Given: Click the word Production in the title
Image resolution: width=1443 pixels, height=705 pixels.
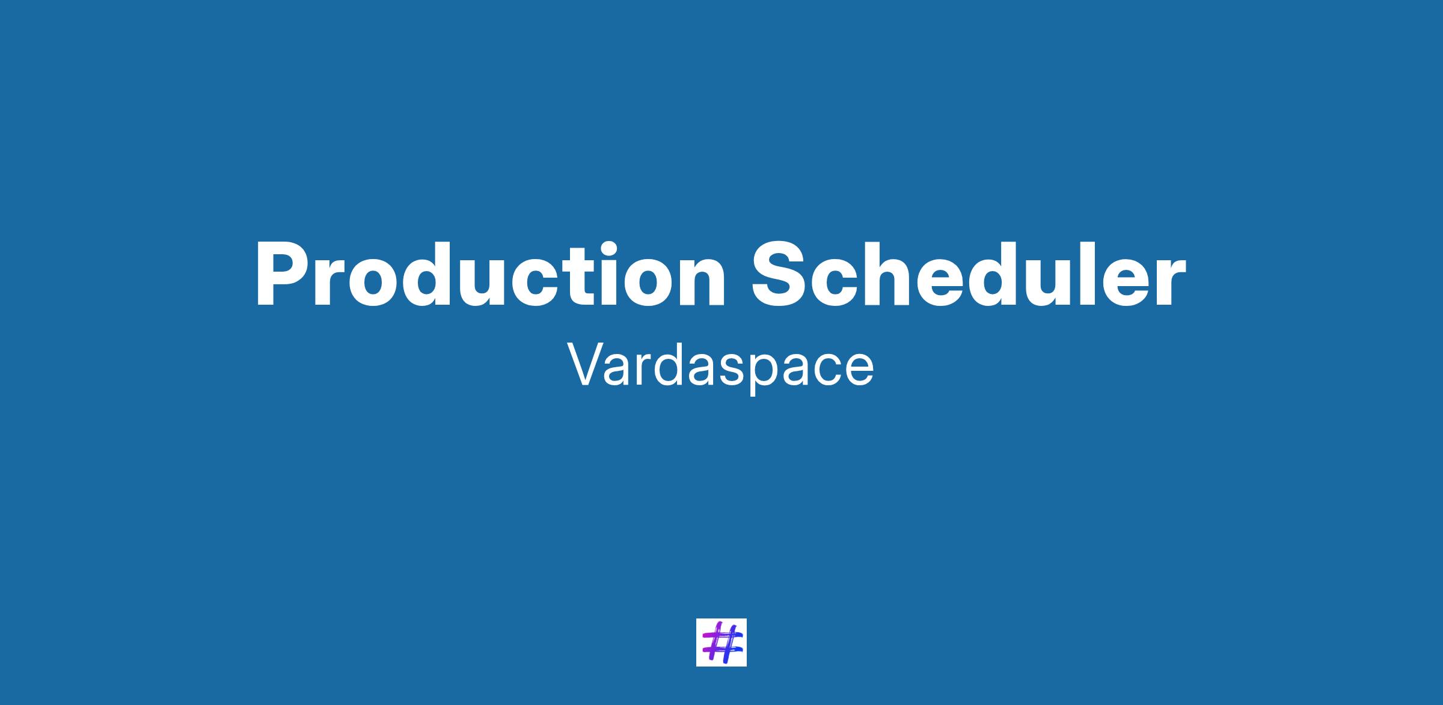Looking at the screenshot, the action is coord(491,274).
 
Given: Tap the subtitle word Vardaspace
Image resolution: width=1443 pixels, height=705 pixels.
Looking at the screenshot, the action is coord(721,367).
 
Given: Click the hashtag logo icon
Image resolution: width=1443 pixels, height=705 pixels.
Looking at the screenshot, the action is coord(721,642).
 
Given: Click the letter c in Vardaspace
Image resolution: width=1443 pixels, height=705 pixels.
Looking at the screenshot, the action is coord(826,371).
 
